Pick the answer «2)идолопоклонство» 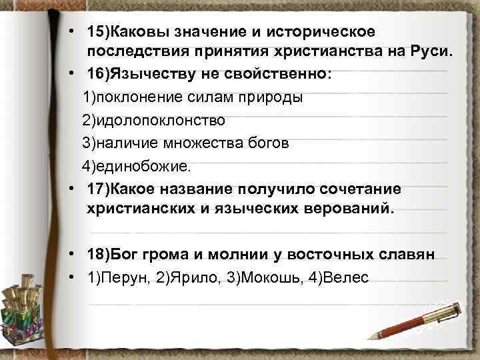[153, 121]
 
